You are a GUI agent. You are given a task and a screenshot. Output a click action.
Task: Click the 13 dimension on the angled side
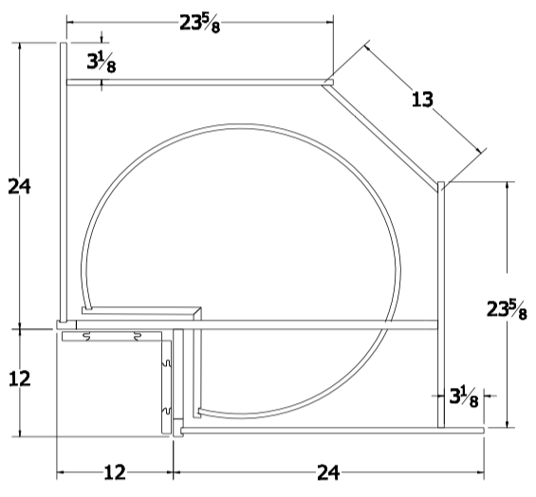point(424,98)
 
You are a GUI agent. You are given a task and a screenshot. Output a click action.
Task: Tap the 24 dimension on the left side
point(20,186)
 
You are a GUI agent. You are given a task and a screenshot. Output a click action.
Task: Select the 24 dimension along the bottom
point(328,471)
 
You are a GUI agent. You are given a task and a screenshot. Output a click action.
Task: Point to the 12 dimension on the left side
point(20,378)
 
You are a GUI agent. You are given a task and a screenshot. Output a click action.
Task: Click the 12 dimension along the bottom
point(115,471)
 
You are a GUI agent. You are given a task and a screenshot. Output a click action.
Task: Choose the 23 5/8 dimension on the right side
point(508,309)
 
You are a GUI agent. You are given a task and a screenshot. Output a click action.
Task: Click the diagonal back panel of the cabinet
point(384,134)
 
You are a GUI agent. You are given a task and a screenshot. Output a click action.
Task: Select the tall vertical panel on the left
point(63,180)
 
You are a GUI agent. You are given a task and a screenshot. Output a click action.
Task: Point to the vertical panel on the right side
point(440,304)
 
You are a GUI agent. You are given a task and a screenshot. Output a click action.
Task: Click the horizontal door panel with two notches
point(114,335)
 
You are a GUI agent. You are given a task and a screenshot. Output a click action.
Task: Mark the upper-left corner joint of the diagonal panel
point(326,83)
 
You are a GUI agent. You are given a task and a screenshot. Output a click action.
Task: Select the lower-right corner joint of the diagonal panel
point(441,186)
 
